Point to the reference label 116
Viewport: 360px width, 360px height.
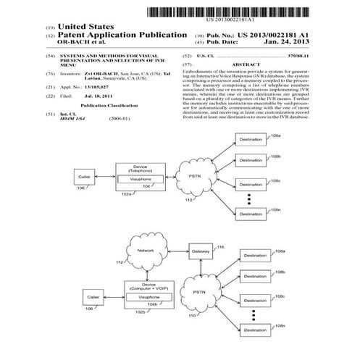tap(220, 246)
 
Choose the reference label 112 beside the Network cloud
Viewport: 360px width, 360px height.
tap(120, 263)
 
